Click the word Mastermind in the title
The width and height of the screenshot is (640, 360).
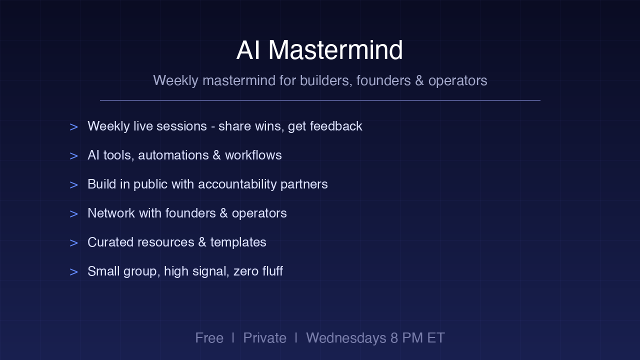pos(335,50)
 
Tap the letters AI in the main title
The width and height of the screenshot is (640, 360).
pos(248,50)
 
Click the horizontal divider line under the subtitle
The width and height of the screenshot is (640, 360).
pos(320,100)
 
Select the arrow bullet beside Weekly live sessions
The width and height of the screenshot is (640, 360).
pos(73,127)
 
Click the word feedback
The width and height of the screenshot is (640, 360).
pos(336,126)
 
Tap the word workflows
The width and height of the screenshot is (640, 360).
pos(253,155)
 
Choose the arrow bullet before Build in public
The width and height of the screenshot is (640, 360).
pos(73,185)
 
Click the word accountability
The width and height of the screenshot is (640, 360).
pos(237,184)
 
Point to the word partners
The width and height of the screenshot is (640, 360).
pos(304,184)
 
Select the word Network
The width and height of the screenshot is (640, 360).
pos(111,213)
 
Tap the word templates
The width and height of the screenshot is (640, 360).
pos(238,242)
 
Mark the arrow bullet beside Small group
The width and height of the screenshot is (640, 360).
pos(73,272)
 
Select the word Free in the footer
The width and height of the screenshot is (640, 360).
pos(209,338)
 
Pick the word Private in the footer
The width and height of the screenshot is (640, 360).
pos(264,338)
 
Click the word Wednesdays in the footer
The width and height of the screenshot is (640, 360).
pos(346,338)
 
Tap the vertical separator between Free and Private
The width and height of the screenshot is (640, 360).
pos(233,337)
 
